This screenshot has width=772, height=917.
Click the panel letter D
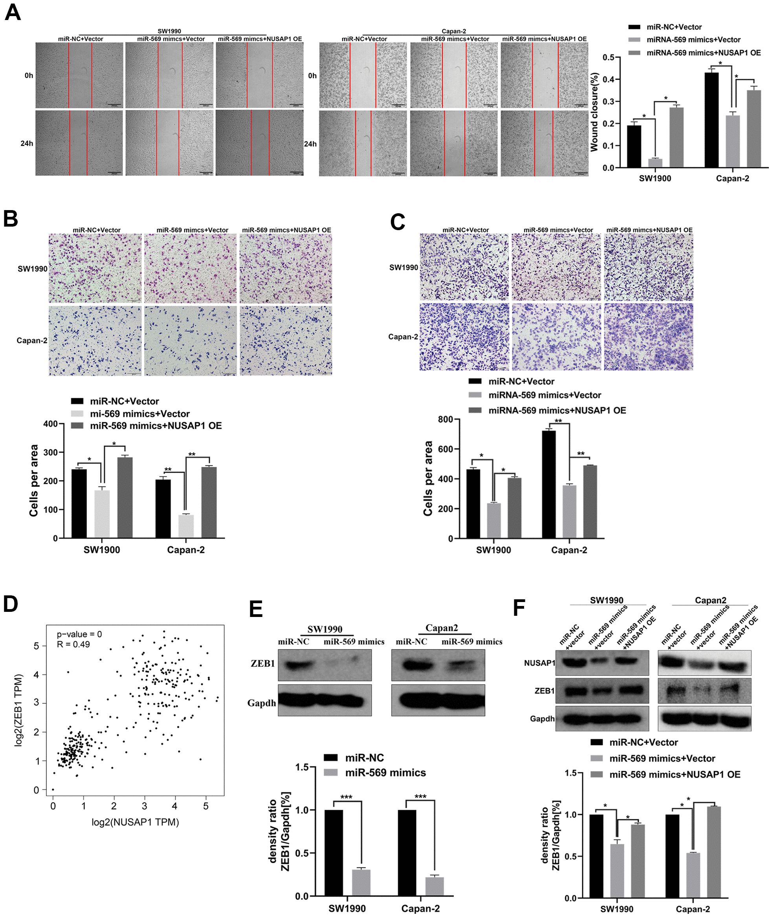click(x=11, y=604)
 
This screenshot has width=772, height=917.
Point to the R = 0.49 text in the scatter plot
click(x=73, y=644)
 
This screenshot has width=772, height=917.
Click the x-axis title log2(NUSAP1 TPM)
click(x=135, y=822)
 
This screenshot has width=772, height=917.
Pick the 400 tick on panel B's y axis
click(x=50, y=423)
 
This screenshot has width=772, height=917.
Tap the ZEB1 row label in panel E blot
click(x=262, y=663)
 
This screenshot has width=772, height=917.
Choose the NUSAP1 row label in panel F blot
click(x=539, y=663)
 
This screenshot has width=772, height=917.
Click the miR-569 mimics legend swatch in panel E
click(x=330, y=772)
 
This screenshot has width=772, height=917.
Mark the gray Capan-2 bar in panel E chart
click(x=435, y=886)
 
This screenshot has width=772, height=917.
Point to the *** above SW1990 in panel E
click(x=346, y=797)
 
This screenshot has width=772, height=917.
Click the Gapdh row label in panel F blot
click(x=542, y=719)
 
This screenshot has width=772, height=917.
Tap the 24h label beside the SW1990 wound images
click(x=27, y=143)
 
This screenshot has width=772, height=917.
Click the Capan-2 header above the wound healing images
click(x=454, y=31)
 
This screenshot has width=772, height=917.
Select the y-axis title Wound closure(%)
click(x=594, y=112)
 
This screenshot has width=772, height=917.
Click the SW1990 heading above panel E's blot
click(x=325, y=629)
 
